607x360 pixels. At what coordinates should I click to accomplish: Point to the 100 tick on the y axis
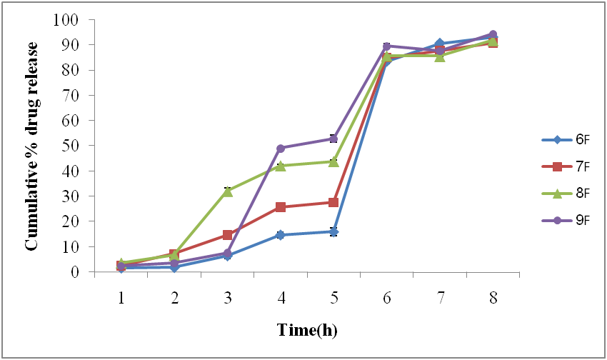(65, 19)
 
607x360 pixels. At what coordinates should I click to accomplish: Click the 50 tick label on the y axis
(69, 146)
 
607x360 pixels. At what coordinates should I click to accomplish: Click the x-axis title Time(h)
(307, 330)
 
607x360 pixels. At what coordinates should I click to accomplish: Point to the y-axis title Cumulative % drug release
(32, 146)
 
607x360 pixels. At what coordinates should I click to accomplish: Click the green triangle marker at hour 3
(228, 191)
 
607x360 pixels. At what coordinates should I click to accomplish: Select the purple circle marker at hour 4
(281, 149)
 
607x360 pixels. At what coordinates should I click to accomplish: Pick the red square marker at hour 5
(333, 202)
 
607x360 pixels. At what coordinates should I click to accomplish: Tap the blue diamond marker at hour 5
(333, 231)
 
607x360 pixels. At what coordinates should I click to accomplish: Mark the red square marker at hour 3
(228, 234)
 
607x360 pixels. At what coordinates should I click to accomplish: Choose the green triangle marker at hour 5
(333, 161)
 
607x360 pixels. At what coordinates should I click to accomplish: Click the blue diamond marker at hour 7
(440, 44)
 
